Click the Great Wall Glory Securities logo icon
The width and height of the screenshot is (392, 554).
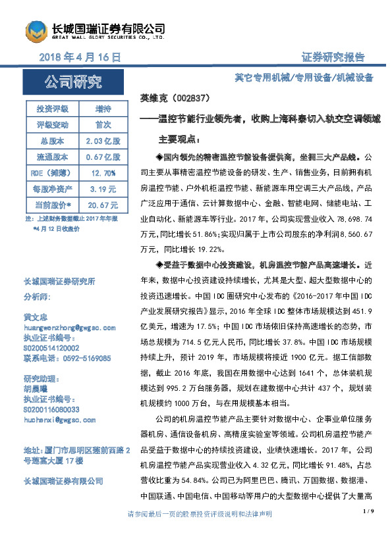[37, 32]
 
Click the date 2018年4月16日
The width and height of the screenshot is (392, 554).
[81, 58]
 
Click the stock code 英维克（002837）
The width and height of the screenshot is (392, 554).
[176, 98]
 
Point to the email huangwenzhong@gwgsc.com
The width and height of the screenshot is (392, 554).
[69, 326]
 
